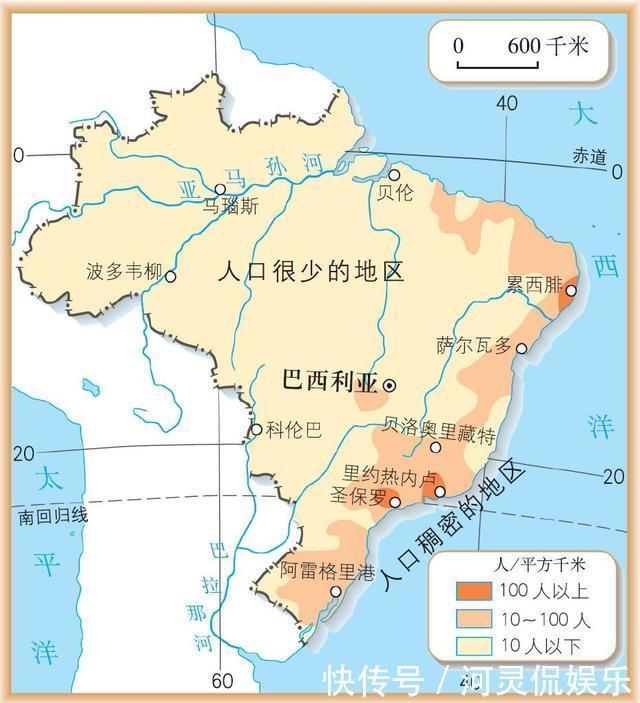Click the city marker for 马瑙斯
tap(221, 189)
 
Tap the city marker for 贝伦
tap(394, 175)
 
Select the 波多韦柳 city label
tap(124, 271)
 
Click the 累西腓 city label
tap(535, 284)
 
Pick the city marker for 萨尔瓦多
tap(521, 347)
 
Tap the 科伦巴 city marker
tap(257, 430)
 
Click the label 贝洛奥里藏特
tap(440, 435)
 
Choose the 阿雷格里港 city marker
tap(337, 591)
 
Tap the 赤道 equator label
tap(589, 156)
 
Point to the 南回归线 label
tap(52, 516)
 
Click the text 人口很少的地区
tap(311, 271)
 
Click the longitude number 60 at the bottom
tap(221, 682)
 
